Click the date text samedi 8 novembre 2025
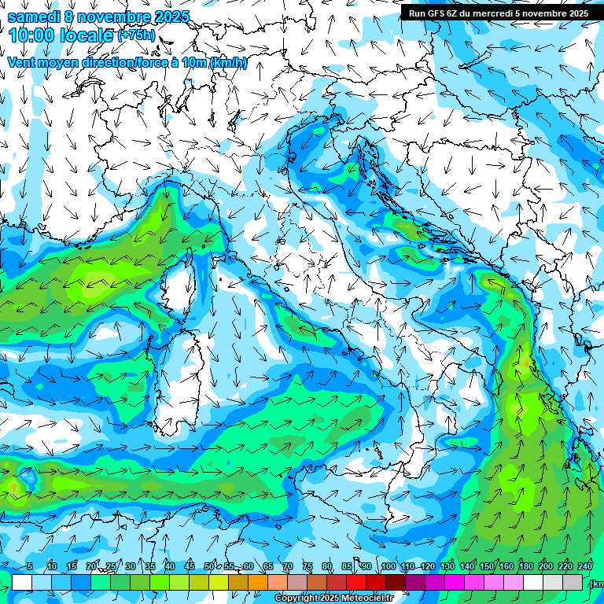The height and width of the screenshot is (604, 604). click(98, 17)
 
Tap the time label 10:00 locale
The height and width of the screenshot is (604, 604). click(61, 36)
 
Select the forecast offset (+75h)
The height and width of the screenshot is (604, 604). click(136, 36)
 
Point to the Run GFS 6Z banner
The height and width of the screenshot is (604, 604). click(498, 13)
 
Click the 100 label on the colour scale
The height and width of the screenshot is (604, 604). click(389, 567)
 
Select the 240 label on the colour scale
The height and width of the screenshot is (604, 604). click(584, 567)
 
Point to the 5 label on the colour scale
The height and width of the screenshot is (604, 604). click(30, 567)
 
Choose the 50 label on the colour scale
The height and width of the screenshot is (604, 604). click(209, 567)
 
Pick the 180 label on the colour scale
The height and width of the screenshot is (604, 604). click(526, 567)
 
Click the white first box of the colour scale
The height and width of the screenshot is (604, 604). click(22, 582)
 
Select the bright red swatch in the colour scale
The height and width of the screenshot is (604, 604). click(356, 582)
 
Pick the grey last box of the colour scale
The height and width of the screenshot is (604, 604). click(573, 582)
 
